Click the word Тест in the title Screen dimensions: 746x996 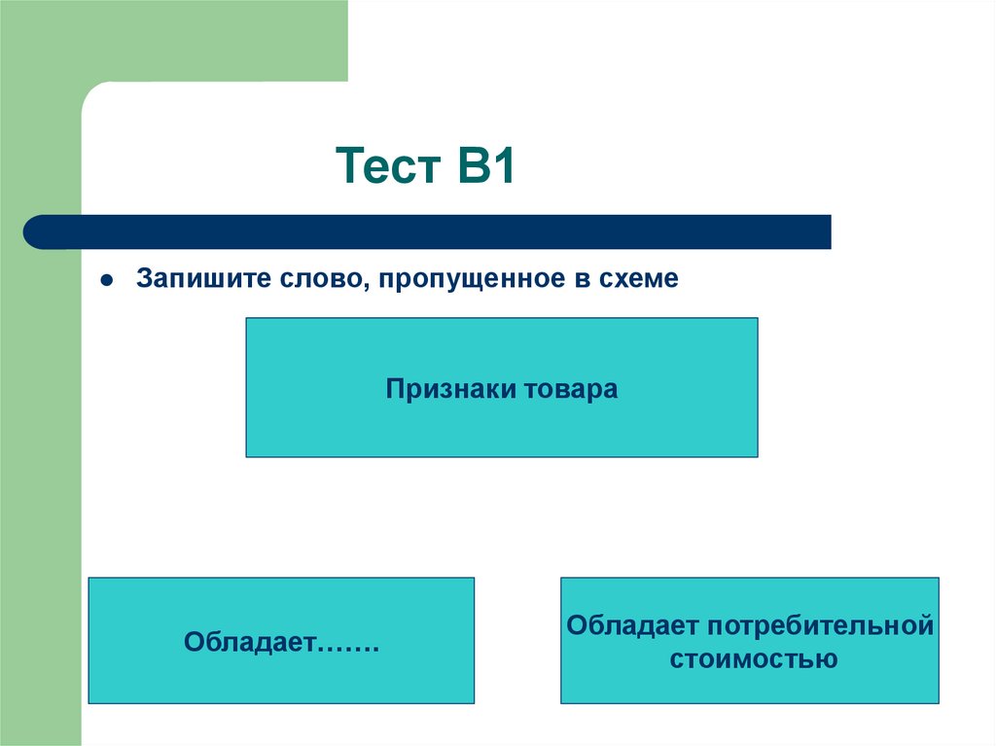click(x=386, y=169)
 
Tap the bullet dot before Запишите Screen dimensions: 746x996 click(x=108, y=280)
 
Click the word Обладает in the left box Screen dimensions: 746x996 click(x=249, y=642)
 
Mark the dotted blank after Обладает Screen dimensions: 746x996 click(x=346, y=644)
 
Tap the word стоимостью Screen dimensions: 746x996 click(x=751, y=658)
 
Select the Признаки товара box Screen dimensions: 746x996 click(x=501, y=428)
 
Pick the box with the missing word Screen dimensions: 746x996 click(x=281, y=681)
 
